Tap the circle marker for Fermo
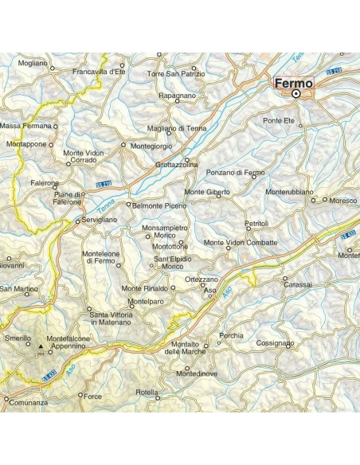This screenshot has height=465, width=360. (x=296, y=93)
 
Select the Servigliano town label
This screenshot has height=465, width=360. (x=101, y=220)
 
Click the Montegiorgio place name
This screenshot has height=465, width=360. (x=152, y=146)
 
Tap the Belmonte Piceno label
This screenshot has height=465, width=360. (x=160, y=205)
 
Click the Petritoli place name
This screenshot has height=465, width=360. (x=258, y=224)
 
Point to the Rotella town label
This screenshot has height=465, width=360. (x=147, y=393)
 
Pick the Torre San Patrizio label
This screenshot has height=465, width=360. (x=176, y=73)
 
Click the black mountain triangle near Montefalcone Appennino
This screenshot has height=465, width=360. (x=41, y=346)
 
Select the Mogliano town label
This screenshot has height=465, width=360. (x=33, y=62)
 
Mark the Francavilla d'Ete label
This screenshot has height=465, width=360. (x=99, y=72)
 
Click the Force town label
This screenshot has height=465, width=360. (x=93, y=396)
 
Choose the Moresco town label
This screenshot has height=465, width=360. (x=343, y=201)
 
